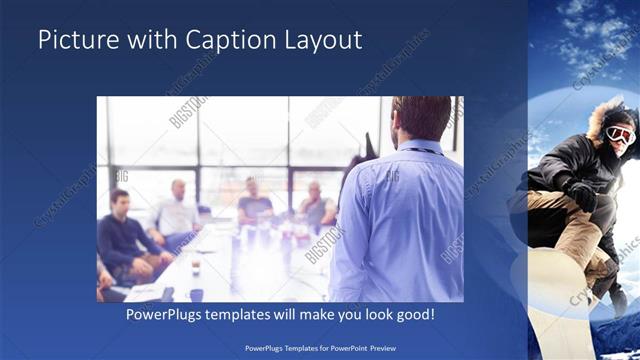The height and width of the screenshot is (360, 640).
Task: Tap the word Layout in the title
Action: tap(324, 40)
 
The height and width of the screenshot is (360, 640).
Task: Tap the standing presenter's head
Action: tap(420, 117)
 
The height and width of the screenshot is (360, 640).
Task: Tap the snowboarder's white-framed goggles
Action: tap(620, 134)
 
